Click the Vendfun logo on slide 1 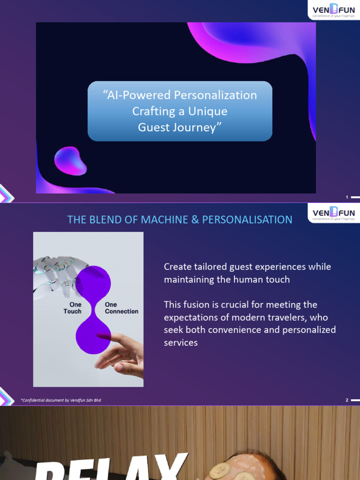coord(334,9)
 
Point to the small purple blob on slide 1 coord(70,161)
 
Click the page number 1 coord(347,197)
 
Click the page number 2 coord(347,400)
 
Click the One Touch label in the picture coord(72,307)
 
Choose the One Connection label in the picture coord(121,307)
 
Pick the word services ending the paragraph coord(180,343)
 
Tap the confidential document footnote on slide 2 coord(61,400)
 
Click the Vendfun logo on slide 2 coord(334,213)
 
